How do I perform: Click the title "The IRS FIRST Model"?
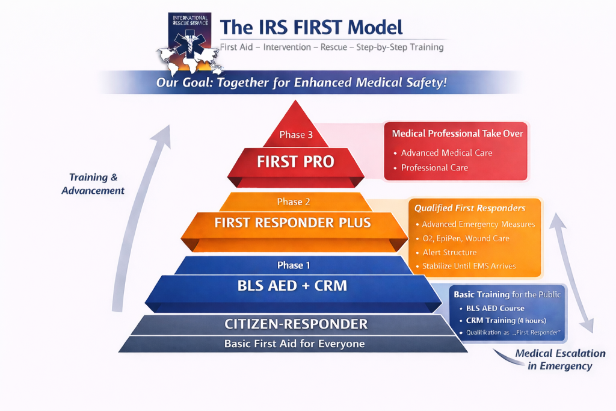311,27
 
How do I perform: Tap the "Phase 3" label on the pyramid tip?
296,135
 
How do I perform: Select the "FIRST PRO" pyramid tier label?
295,162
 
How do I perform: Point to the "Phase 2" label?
294,202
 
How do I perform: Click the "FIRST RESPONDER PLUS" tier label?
293,223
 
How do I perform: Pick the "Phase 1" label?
294,265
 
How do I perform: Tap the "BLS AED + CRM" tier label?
293,285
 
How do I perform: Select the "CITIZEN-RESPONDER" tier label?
296,324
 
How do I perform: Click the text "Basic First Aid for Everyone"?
294,344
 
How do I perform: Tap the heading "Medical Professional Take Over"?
457,134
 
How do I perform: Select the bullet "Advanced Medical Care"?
446,153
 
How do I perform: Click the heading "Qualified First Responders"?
470,208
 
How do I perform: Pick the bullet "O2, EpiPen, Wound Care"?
462,238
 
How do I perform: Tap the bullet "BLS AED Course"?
495,309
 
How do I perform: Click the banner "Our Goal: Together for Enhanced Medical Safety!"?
301,82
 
